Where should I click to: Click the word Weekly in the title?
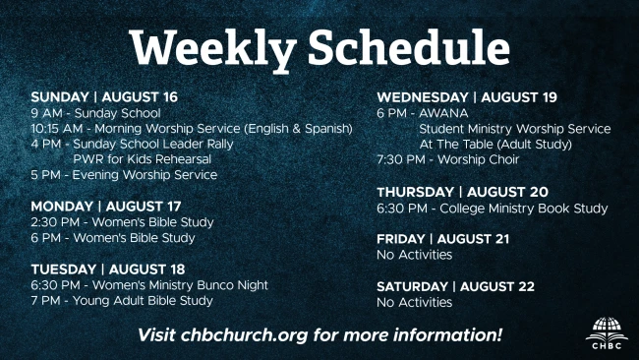(x=212, y=49)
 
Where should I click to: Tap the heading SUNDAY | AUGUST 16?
(x=104, y=97)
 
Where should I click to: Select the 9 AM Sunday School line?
(x=95, y=113)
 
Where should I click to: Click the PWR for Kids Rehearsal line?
(x=142, y=159)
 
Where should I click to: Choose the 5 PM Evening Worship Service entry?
(x=124, y=175)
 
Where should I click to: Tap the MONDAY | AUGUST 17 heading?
(x=106, y=207)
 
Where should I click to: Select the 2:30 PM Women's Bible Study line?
(x=122, y=222)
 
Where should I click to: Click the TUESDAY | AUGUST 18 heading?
(x=108, y=270)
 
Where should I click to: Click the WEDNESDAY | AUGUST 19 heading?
(x=467, y=97)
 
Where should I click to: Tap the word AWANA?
(x=443, y=113)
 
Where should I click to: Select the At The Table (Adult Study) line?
(x=495, y=144)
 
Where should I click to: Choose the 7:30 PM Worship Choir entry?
(x=448, y=159)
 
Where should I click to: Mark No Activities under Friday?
(x=415, y=255)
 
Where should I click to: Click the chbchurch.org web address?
(x=244, y=335)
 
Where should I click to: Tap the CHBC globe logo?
(x=607, y=332)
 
